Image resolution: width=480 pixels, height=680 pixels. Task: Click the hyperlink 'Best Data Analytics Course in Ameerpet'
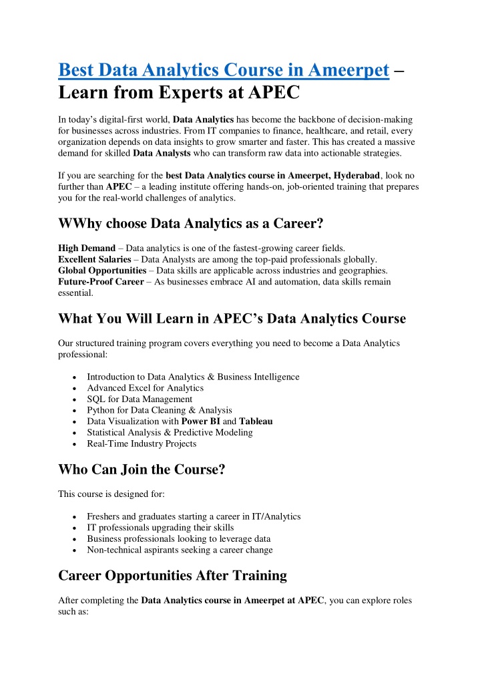click(x=224, y=69)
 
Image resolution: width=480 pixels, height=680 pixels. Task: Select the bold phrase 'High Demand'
click(x=87, y=248)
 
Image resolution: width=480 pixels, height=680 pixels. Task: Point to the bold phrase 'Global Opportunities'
click(x=102, y=271)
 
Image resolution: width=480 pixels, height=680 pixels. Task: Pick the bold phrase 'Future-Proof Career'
click(x=101, y=282)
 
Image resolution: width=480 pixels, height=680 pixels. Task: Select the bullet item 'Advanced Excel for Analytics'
click(x=145, y=388)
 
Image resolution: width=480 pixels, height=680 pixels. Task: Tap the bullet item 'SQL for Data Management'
click(x=140, y=399)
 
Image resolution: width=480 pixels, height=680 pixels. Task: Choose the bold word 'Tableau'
click(x=256, y=421)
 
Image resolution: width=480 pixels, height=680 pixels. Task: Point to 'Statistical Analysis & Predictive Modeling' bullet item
click(x=170, y=433)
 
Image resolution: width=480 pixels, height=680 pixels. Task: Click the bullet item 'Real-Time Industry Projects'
click(x=142, y=444)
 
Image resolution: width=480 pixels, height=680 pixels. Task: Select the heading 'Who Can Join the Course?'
click(x=142, y=470)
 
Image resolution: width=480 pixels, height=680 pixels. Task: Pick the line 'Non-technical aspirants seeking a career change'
click(x=180, y=550)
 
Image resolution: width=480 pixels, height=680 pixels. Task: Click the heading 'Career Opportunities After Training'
click(x=172, y=575)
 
